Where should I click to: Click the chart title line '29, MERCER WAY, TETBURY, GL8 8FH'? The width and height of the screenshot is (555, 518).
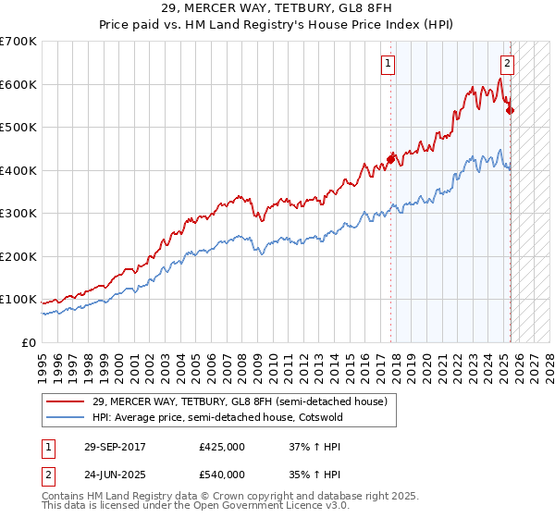click(x=277, y=9)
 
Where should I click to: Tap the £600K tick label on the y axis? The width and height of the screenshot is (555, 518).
click(x=18, y=84)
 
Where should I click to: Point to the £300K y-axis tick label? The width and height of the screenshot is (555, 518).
click(x=18, y=214)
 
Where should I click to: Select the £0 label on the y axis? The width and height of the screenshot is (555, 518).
click(x=28, y=342)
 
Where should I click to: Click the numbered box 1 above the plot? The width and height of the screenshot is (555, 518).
click(x=387, y=64)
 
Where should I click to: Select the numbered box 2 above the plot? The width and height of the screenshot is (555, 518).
click(x=508, y=64)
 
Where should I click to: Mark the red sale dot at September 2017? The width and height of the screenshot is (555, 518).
click(x=390, y=159)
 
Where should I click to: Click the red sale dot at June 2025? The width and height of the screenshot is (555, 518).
click(x=510, y=110)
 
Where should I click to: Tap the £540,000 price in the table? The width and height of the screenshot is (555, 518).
click(x=221, y=474)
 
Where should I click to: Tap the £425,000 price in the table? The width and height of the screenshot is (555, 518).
click(x=221, y=447)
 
